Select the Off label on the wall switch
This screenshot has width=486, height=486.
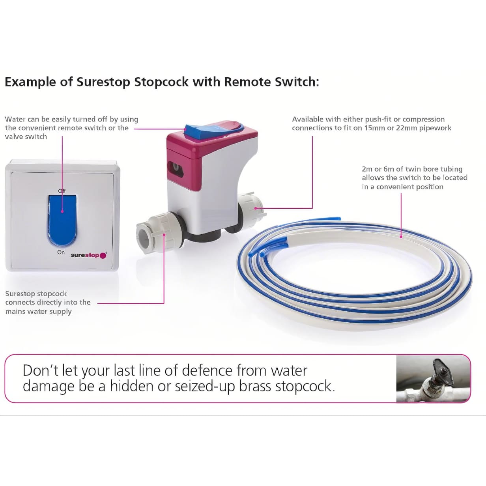point(62,191)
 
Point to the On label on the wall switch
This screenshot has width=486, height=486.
point(61,252)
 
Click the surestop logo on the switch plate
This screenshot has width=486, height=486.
point(89,255)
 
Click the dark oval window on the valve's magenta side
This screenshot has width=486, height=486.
point(175,167)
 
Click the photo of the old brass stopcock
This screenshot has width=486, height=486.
point(433,378)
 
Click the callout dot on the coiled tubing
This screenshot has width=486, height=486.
point(401,237)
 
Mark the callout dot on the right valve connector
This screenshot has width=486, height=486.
point(256,208)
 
